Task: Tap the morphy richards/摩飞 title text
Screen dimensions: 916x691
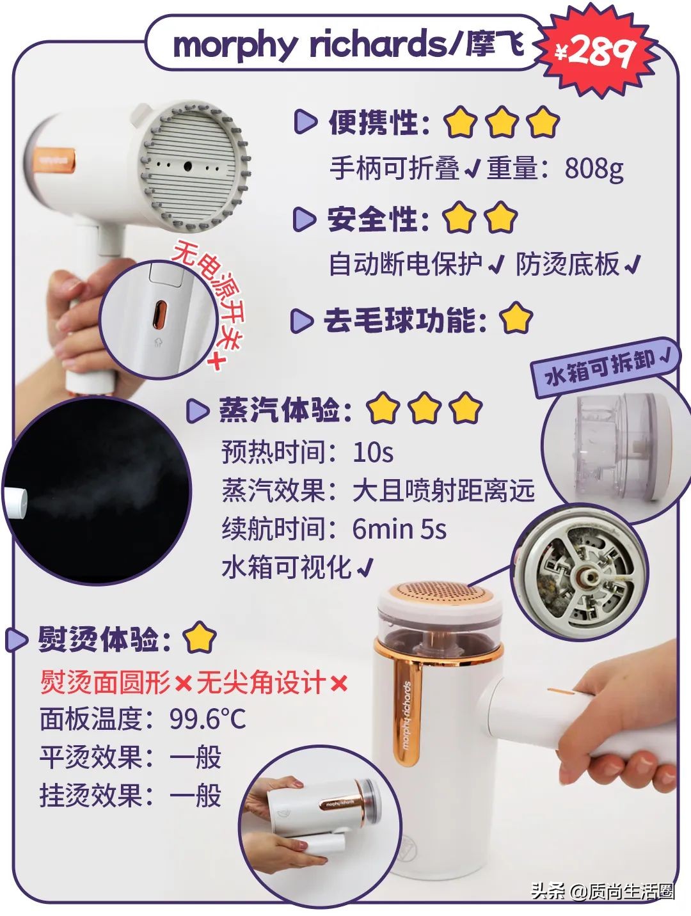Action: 349,45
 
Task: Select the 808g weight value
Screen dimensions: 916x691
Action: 593,168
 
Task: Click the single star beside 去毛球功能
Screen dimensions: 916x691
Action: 516,319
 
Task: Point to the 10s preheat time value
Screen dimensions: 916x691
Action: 372,452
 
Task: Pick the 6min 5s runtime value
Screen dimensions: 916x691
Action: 399,529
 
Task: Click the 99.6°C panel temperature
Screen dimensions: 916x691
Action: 207,719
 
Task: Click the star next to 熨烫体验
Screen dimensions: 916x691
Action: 200,638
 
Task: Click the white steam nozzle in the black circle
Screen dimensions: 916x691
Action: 15,502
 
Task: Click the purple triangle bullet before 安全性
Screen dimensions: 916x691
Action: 304,219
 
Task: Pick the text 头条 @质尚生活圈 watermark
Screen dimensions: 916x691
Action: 601,890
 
